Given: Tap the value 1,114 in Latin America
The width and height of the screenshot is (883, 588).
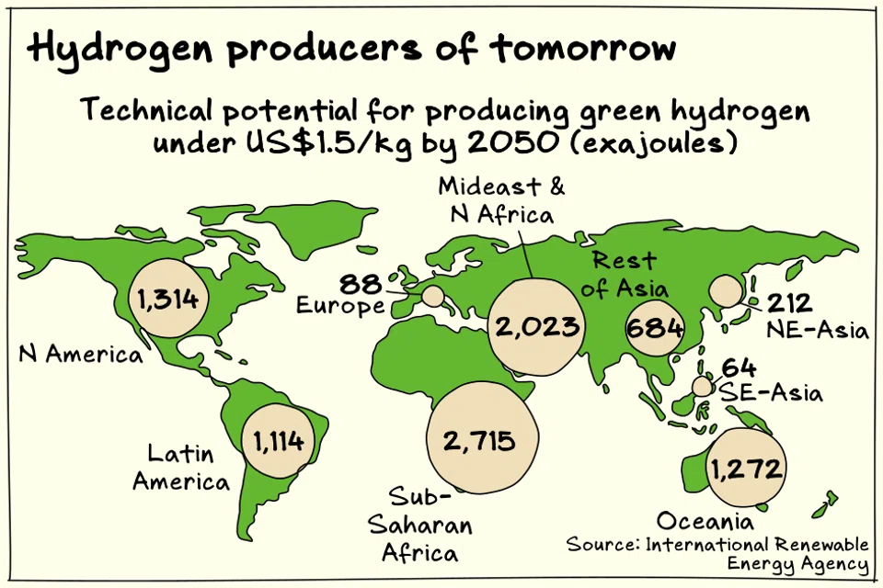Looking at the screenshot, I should pyautogui.click(x=279, y=442).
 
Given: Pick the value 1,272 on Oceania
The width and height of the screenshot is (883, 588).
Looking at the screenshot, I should pyautogui.click(x=746, y=469).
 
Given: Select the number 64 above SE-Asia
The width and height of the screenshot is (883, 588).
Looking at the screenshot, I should pyautogui.click(x=739, y=368).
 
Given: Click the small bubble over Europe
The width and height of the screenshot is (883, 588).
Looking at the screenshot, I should pyautogui.click(x=432, y=296).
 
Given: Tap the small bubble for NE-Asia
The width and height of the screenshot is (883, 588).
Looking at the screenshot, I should pyautogui.click(x=726, y=291).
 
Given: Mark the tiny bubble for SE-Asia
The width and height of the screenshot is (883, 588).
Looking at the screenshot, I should pyautogui.click(x=703, y=386).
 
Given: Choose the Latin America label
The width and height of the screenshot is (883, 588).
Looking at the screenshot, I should pyautogui.click(x=180, y=467).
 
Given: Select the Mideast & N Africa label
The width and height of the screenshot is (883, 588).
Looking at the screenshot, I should pyautogui.click(x=501, y=200).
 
